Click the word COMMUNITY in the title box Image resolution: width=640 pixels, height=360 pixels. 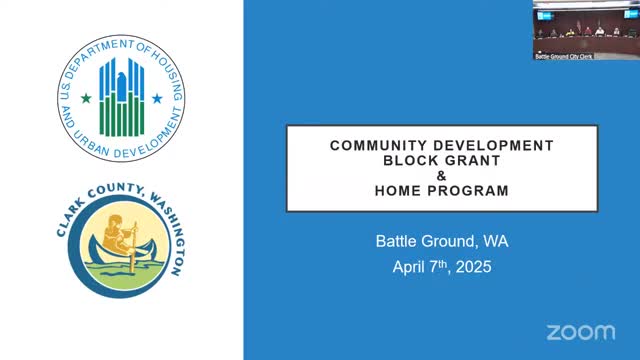coord(378,146)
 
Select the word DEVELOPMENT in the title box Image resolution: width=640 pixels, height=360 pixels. coord(493,146)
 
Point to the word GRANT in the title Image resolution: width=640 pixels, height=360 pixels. coord(473,161)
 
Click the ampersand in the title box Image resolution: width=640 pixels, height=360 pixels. coord(442,176)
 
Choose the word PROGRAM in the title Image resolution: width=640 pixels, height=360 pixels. coord(468,191)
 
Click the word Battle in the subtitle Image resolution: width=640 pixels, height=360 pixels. coord(397,241)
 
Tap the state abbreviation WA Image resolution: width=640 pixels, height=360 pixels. coord(496,241)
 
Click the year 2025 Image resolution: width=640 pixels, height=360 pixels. coord(473,267)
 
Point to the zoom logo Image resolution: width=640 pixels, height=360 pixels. coord(581,333)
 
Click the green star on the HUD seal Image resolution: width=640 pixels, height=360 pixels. coord(86,98)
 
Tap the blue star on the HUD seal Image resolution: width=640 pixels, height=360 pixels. coord(157,98)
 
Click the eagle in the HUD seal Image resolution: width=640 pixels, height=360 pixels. coord(122,87)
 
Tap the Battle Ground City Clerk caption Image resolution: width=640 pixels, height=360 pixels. coord(564,56)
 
